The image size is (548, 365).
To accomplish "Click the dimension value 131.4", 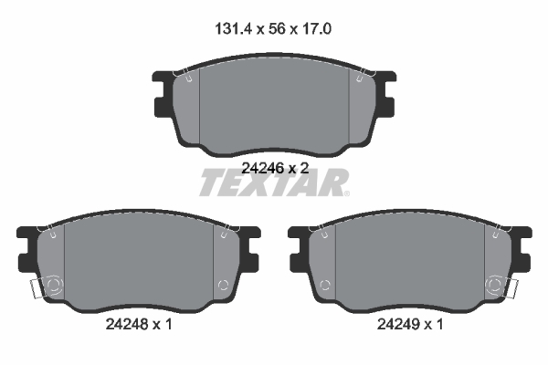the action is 233,28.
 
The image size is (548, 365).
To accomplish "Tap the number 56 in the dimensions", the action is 277,28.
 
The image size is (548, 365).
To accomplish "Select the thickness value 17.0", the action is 316,28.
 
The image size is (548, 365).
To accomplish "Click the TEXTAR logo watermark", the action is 274,182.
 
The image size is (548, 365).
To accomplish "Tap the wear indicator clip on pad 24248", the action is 37,288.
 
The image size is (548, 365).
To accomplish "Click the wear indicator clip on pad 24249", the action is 511,288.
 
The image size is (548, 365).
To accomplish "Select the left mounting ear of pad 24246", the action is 163,94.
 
